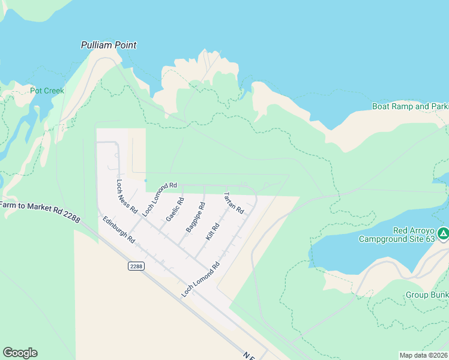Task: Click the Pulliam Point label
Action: point(109,45)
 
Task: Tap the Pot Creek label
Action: point(47,91)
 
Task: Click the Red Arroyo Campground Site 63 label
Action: point(397,235)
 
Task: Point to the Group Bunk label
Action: point(427,295)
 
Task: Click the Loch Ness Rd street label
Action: point(127,197)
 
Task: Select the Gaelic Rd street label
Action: point(175,209)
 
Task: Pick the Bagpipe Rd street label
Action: point(196,217)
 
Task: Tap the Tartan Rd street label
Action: point(234,203)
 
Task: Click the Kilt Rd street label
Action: point(212,232)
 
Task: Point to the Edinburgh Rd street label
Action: point(118,229)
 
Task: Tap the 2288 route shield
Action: point(136,266)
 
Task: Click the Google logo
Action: point(20,353)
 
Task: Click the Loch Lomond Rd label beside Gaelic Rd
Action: point(159,199)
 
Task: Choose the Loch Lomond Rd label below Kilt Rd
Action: point(200,280)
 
